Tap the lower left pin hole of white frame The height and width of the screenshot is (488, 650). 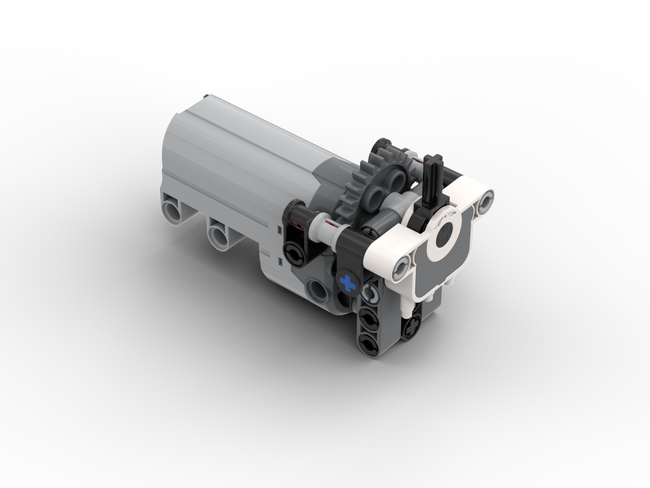401,267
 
